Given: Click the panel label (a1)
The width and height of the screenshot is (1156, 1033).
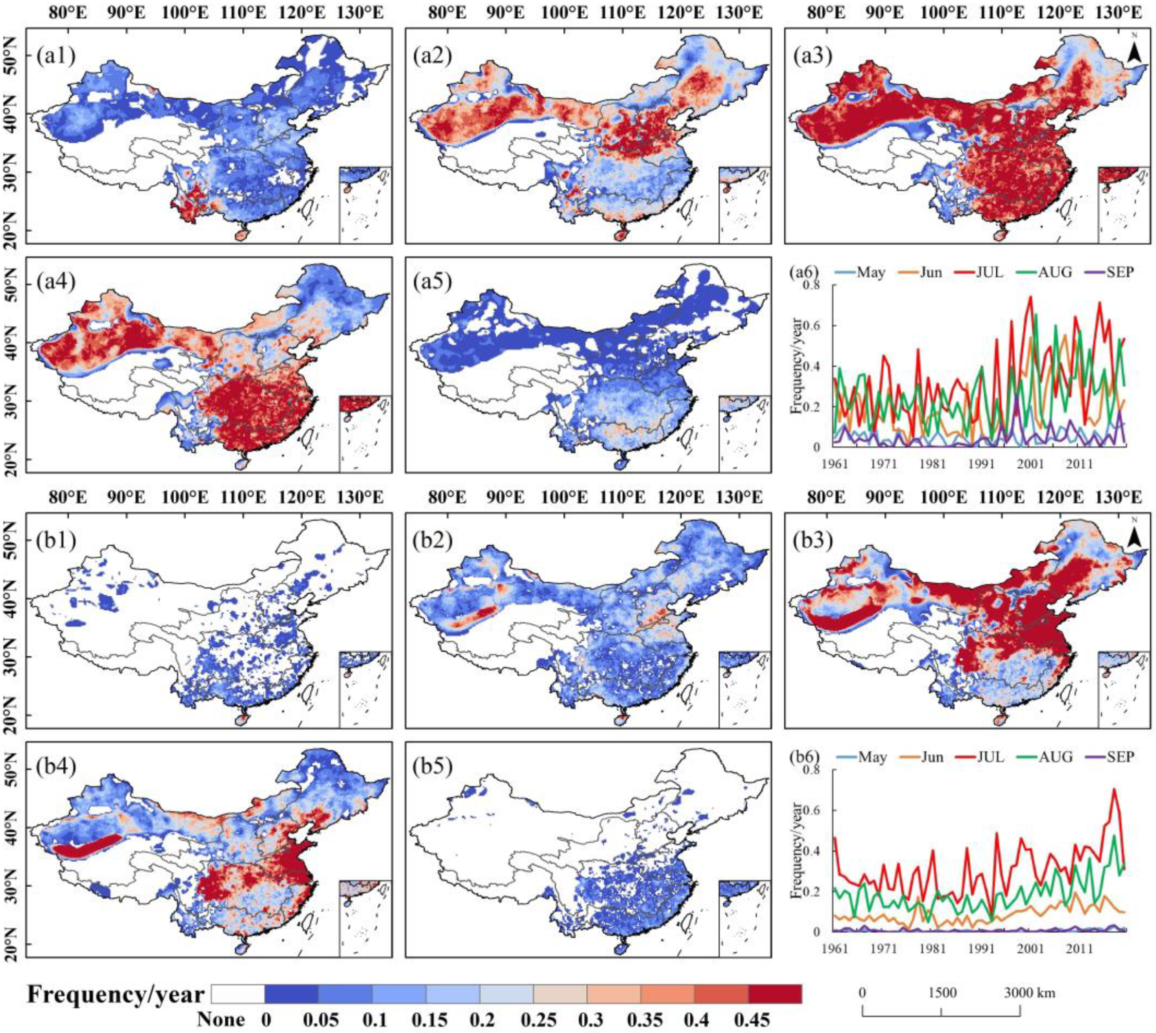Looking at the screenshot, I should (x=56, y=56).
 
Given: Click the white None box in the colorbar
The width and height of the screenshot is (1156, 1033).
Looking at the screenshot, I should (x=237, y=993).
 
